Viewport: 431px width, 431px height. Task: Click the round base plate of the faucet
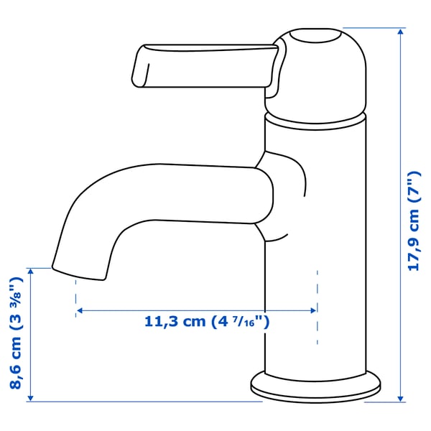point(316,386)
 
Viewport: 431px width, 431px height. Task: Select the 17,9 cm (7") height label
point(412,221)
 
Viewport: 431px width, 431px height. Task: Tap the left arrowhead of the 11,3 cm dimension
point(80,310)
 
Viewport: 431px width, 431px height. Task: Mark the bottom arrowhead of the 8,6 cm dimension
point(30,397)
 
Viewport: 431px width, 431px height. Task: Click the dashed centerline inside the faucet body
point(317,309)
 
